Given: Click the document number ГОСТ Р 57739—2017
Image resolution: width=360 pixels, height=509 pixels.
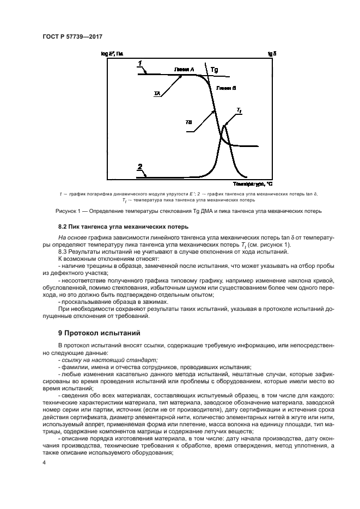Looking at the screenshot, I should (x=73, y=37).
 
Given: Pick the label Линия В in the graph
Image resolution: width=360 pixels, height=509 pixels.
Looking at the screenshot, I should (x=225, y=87).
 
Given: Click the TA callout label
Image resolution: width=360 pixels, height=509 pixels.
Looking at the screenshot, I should (x=157, y=94).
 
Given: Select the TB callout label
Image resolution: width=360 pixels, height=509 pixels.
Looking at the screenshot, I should (x=188, y=122).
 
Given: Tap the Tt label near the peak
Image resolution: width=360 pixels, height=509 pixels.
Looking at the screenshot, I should (x=239, y=111).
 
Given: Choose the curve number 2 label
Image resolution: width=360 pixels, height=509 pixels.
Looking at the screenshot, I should (x=140, y=167).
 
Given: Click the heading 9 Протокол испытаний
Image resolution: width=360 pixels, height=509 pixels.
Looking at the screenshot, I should (x=99, y=332).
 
